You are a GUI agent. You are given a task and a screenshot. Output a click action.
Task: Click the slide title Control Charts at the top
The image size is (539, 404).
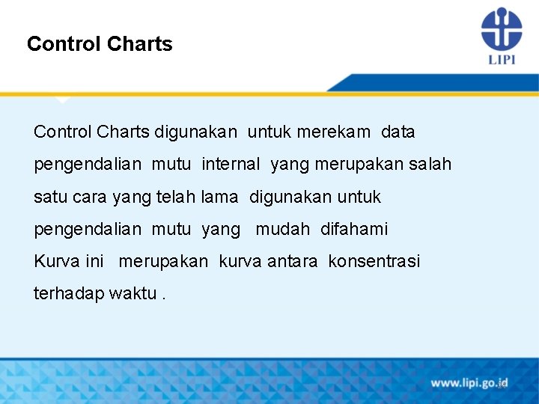pyautogui.click(x=100, y=44)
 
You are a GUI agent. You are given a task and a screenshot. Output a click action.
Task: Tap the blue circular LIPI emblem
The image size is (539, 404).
pyautogui.click(x=501, y=29)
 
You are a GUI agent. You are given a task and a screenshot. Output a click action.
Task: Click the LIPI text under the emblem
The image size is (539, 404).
pyautogui.click(x=501, y=59)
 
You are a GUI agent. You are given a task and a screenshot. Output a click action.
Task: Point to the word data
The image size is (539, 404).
pyautogui.click(x=398, y=132)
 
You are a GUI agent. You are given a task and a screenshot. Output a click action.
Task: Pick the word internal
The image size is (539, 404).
pyautogui.click(x=231, y=164)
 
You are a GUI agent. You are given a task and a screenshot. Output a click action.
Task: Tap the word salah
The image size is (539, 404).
pyautogui.click(x=430, y=164)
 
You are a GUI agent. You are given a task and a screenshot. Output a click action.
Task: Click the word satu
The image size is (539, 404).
pyautogui.click(x=50, y=197)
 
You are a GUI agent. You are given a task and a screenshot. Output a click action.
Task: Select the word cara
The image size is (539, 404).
pyautogui.click(x=90, y=197)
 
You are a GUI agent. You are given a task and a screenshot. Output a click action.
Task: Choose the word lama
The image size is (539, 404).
pyautogui.click(x=220, y=197)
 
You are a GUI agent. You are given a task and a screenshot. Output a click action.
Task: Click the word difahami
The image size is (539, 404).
pyautogui.click(x=354, y=229)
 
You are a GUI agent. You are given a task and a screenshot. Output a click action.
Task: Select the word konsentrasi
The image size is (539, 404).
pyautogui.click(x=374, y=261)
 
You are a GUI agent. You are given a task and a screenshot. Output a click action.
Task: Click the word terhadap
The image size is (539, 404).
pyautogui.click(x=68, y=293)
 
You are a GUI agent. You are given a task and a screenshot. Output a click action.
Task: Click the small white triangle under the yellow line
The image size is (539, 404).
pyautogui.click(x=63, y=100)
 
